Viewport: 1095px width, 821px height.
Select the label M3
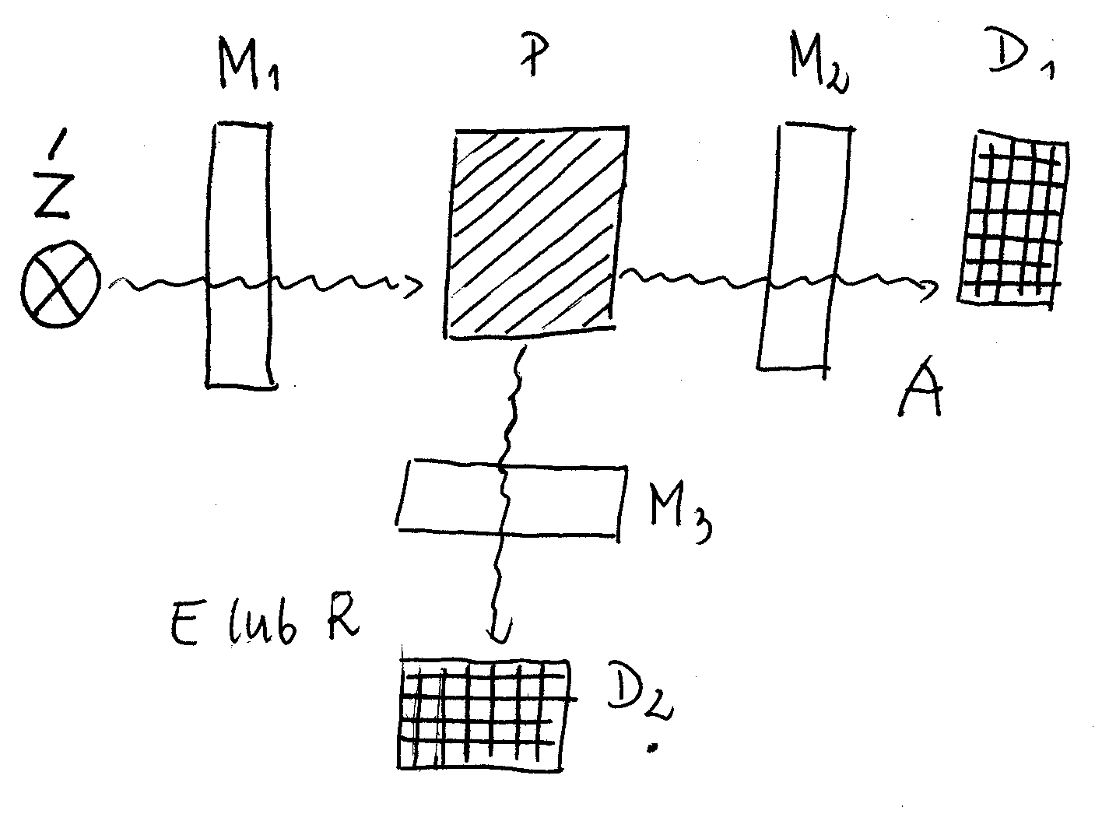pyautogui.click(x=677, y=514)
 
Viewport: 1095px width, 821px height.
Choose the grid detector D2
pyautogui.click(x=484, y=714)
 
